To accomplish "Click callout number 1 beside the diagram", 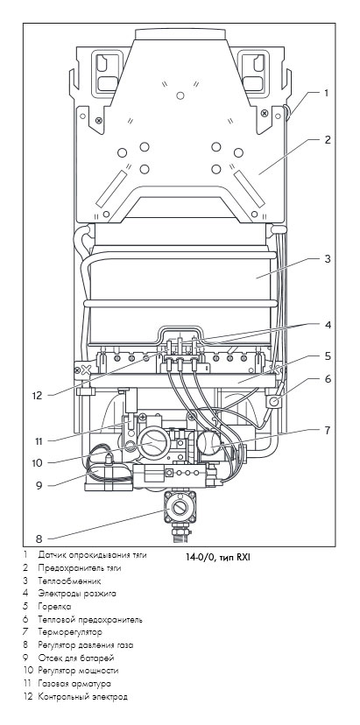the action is point(326,93).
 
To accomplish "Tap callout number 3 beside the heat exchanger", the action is point(327,259).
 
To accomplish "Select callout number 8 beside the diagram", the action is point(39,538).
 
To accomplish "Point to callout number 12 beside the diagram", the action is point(37,396).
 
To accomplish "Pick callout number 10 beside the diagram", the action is point(37,462).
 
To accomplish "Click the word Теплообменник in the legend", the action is point(69,581).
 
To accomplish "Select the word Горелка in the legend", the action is point(54,606).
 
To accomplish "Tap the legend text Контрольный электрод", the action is point(83,696).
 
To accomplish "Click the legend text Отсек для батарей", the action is point(76,658).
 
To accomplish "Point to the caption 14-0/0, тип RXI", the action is point(218,557).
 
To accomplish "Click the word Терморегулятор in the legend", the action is point(70,631).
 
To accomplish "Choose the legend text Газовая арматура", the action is point(74,683).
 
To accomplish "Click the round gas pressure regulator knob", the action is point(180,508).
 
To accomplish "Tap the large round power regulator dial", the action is point(152,442).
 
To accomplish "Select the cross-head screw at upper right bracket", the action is point(265,113).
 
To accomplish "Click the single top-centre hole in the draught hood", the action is point(180,95).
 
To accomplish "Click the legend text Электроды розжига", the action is point(77,594).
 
